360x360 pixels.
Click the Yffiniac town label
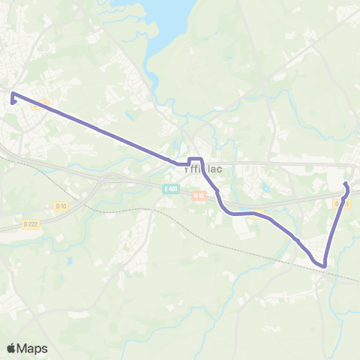click(x=198, y=169)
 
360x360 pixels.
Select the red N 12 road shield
click(x=198, y=195)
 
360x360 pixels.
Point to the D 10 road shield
click(x=61, y=205)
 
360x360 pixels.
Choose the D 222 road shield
click(x=30, y=223)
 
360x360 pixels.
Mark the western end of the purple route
click(x=13, y=95)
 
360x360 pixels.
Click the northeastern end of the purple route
click(x=345, y=184)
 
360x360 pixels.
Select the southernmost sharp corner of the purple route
click(x=325, y=265)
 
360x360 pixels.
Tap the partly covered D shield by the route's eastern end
click(x=342, y=202)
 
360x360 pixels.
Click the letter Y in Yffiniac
click(x=185, y=169)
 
